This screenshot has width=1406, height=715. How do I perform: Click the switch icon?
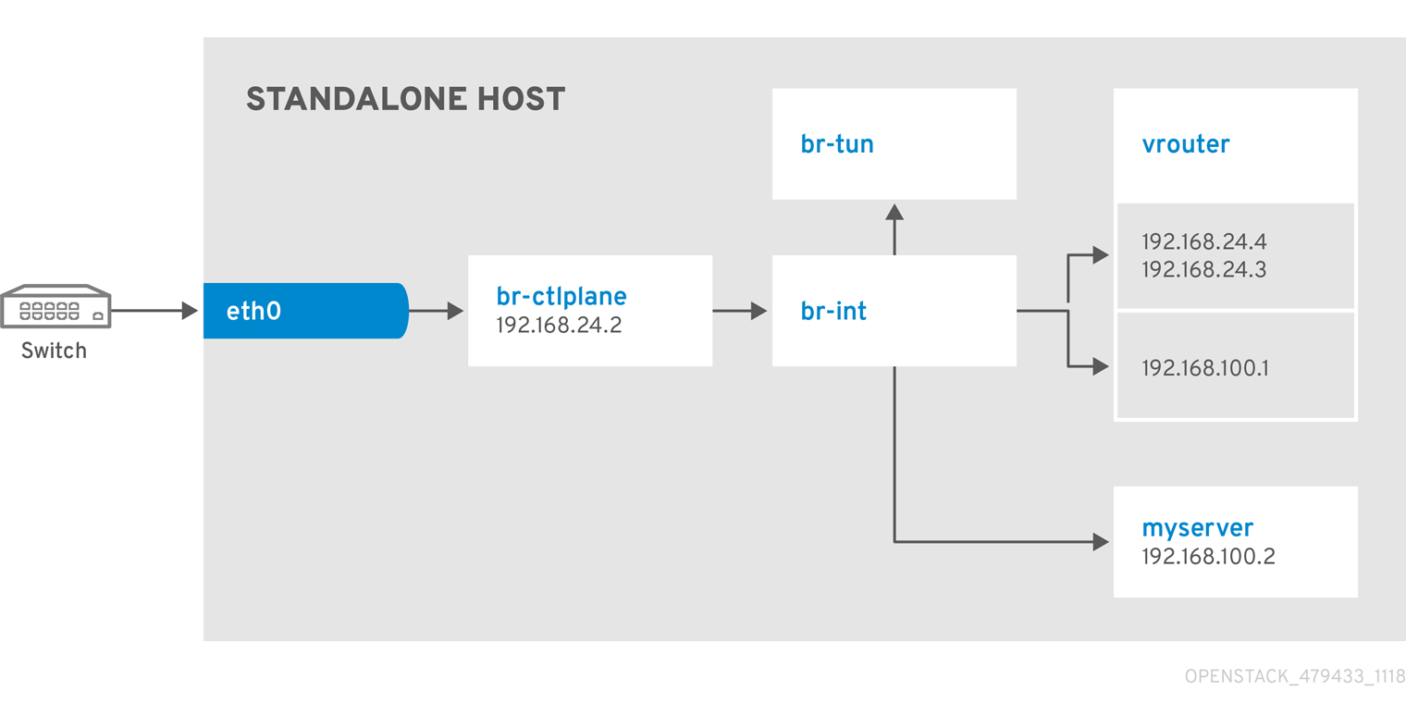(55, 306)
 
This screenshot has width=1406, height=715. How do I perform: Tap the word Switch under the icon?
(54, 351)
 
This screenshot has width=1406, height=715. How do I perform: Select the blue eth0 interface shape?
(305, 311)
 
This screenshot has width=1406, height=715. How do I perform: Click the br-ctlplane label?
(561, 296)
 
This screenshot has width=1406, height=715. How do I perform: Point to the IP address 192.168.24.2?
(554, 326)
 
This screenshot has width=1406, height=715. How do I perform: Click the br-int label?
(833, 312)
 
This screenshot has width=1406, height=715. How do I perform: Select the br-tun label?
(836, 144)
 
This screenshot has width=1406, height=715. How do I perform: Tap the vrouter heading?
(1186, 144)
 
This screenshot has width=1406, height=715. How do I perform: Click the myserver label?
(1198, 528)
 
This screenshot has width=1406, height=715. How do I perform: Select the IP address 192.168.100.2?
(1208, 557)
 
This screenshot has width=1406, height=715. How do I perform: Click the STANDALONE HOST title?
(405, 99)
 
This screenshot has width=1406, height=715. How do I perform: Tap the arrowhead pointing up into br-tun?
(894, 212)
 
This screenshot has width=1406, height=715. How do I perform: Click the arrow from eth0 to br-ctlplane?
(436, 312)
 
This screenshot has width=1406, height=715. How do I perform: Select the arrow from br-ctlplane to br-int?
(740, 312)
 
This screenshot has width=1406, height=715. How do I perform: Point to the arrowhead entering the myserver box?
(1100, 542)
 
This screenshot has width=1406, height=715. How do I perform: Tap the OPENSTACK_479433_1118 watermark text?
(1295, 677)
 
